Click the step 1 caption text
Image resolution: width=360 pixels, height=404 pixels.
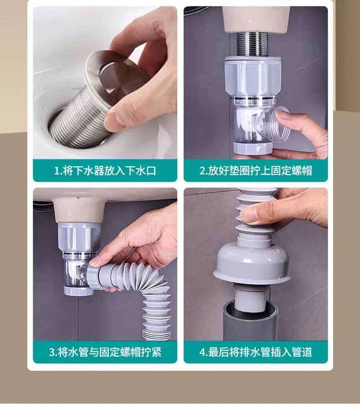[105, 170]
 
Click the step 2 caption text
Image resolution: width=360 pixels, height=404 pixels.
[256, 170]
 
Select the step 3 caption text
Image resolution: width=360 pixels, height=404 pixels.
[105, 352]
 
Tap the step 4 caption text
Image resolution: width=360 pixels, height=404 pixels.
[256, 352]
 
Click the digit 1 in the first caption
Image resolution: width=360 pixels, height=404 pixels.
[57, 171]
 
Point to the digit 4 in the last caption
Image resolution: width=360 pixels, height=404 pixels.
[202, 352]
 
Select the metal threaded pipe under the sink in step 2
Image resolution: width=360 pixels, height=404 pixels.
[252, 44]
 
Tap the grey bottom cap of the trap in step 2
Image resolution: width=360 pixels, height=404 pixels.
[252, 147]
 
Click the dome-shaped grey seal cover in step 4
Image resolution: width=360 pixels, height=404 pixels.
[252, 263]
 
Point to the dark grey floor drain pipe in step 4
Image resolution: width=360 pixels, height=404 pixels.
[251, 322]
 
